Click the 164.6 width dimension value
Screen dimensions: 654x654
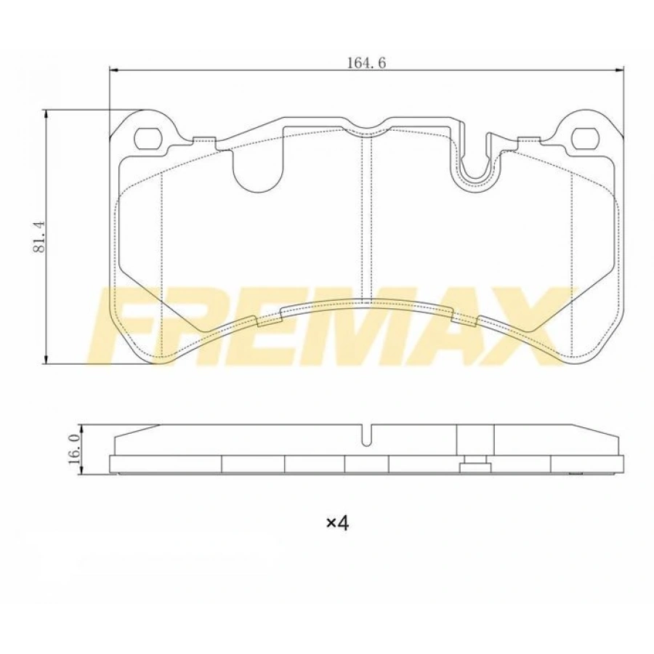coord(366,62)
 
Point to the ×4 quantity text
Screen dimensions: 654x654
coord(337,522)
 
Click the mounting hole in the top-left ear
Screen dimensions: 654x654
coord(150,137)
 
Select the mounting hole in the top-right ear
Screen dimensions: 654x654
coord(584,137)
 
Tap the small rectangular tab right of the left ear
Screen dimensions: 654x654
coord(205,140)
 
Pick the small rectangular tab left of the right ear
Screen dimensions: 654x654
coord(528,140)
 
